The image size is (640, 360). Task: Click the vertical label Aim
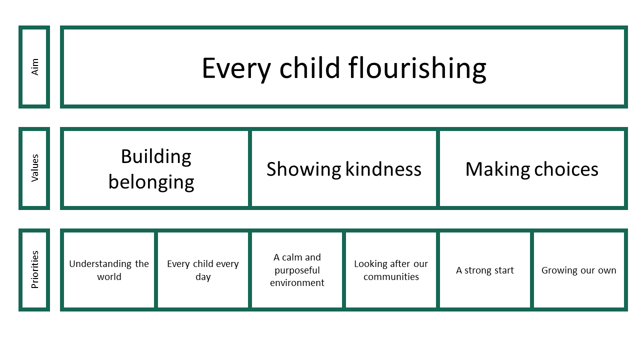tap(34, 67)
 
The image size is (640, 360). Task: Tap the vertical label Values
tap(34, 168)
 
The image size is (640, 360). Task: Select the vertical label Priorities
tap(34, 269)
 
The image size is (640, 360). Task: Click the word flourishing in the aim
tap(417, 69)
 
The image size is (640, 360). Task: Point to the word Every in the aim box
tap(236, 69)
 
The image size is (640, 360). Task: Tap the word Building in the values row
tap(156, 157)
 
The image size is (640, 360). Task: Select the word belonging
tap(151, 182)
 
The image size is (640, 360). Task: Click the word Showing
tap(303, 169)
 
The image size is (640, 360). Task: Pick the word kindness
tap(383, 169)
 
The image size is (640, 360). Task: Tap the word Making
tap(497, 169)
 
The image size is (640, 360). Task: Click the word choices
tap(566, 169)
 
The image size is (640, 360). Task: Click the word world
tap(109, 276)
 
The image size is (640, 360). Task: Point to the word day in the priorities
tap(203, 277)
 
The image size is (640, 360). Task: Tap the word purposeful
tap(297, 270)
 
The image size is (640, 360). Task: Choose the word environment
tap(297, 283)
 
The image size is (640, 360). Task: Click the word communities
tap(391, 276)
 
